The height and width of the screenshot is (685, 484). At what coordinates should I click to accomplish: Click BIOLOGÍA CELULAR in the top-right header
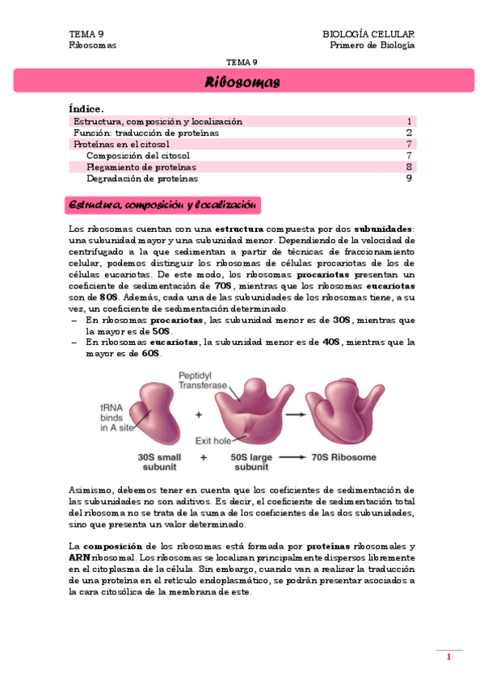(x=368, y=34)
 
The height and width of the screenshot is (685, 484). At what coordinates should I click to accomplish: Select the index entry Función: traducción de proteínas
(x=146, y=132)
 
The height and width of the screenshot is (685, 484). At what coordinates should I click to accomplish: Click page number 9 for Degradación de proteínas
(x=410, y=179)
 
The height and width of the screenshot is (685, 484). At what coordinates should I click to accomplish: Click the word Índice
(x=86, y=108)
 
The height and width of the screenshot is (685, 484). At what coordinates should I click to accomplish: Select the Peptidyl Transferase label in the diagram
(x=202, y=380)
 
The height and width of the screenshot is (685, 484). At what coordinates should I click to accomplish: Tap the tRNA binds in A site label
(x=116, y=418)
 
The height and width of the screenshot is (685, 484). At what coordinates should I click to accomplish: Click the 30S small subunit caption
(x=158, y=462)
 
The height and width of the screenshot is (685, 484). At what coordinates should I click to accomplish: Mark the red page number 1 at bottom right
(x=448, y=658)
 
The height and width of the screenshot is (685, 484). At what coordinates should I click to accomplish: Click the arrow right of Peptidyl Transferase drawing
(x=295, y=413)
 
